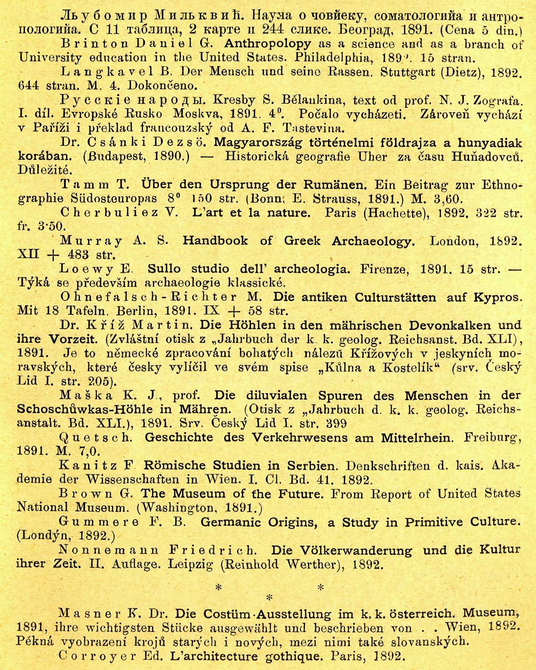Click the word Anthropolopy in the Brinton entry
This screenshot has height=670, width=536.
268,44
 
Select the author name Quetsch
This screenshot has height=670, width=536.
95,437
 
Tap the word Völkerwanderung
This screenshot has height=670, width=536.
341,550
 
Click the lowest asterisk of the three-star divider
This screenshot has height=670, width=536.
269,597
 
